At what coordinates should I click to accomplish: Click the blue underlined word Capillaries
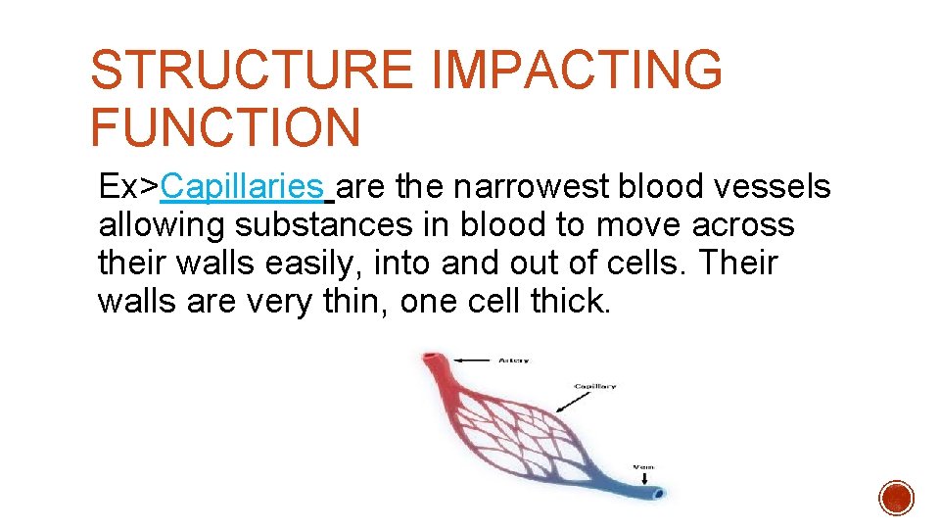pos(243,185)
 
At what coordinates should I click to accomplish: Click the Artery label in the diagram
pos(513,361)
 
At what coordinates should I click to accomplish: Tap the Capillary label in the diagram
pos(595,386)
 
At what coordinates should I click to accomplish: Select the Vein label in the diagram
pos(643,467)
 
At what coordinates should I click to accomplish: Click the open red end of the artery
pos(429,359)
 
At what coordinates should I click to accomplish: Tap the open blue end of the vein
pos(660,493)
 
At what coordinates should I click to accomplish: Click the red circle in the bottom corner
pos(896,499)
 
